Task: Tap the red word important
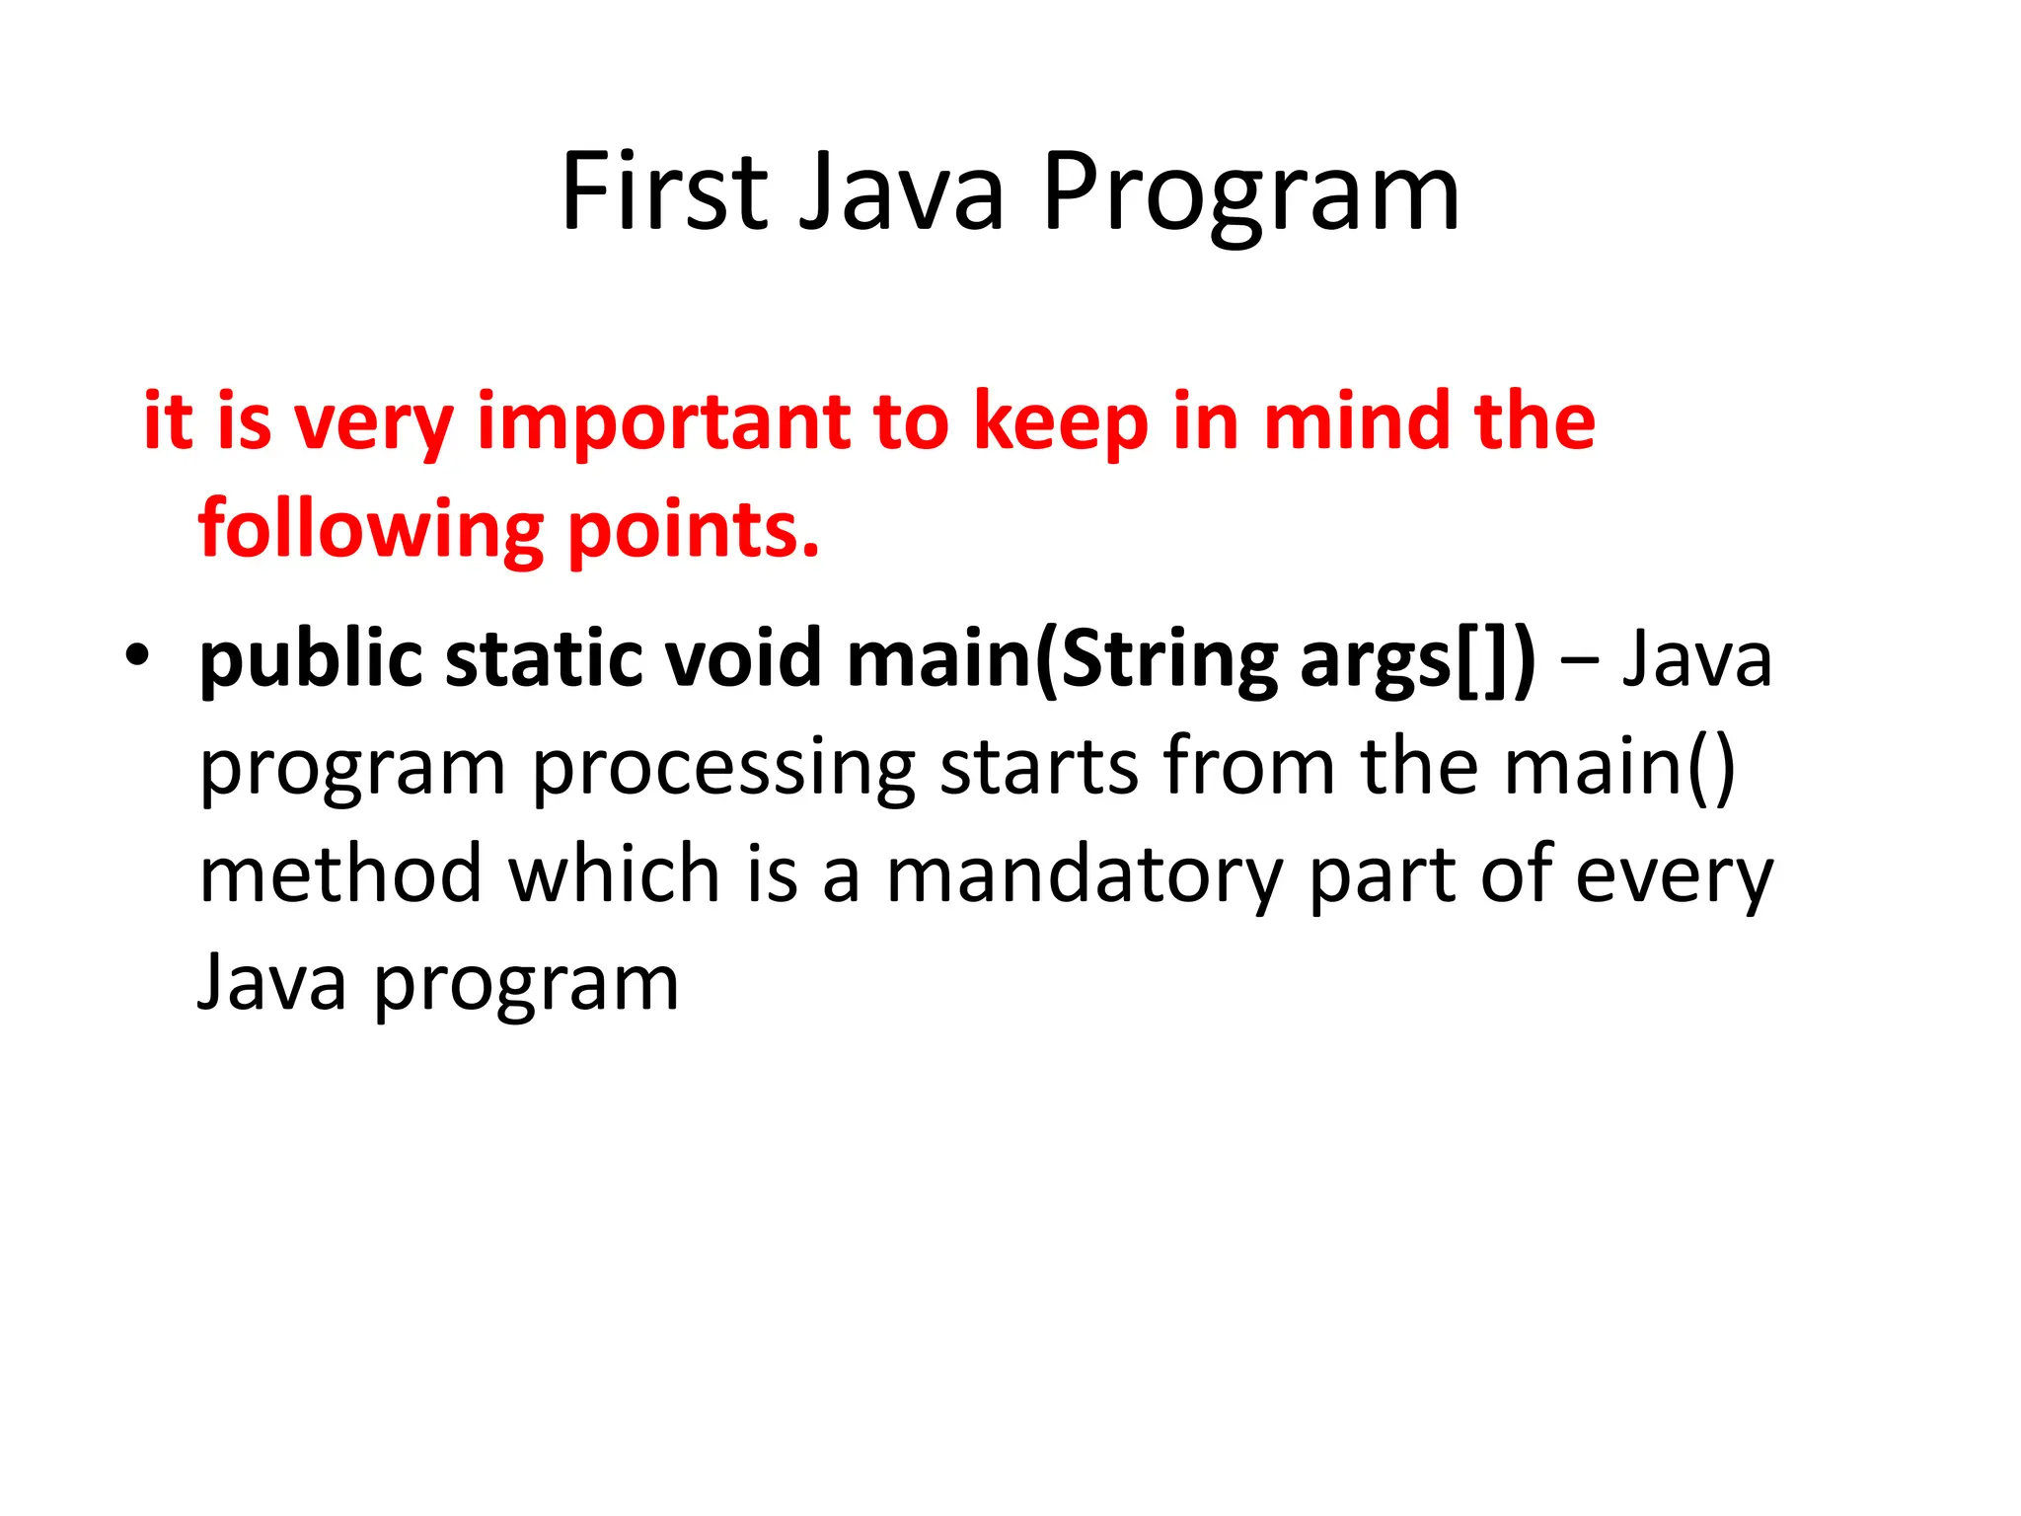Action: point(663,422)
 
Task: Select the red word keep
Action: point(1061,422)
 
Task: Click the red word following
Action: point(371,530)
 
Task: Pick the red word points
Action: point(694,530)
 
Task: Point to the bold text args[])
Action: point(1418,659)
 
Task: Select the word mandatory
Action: point(1084,876)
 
